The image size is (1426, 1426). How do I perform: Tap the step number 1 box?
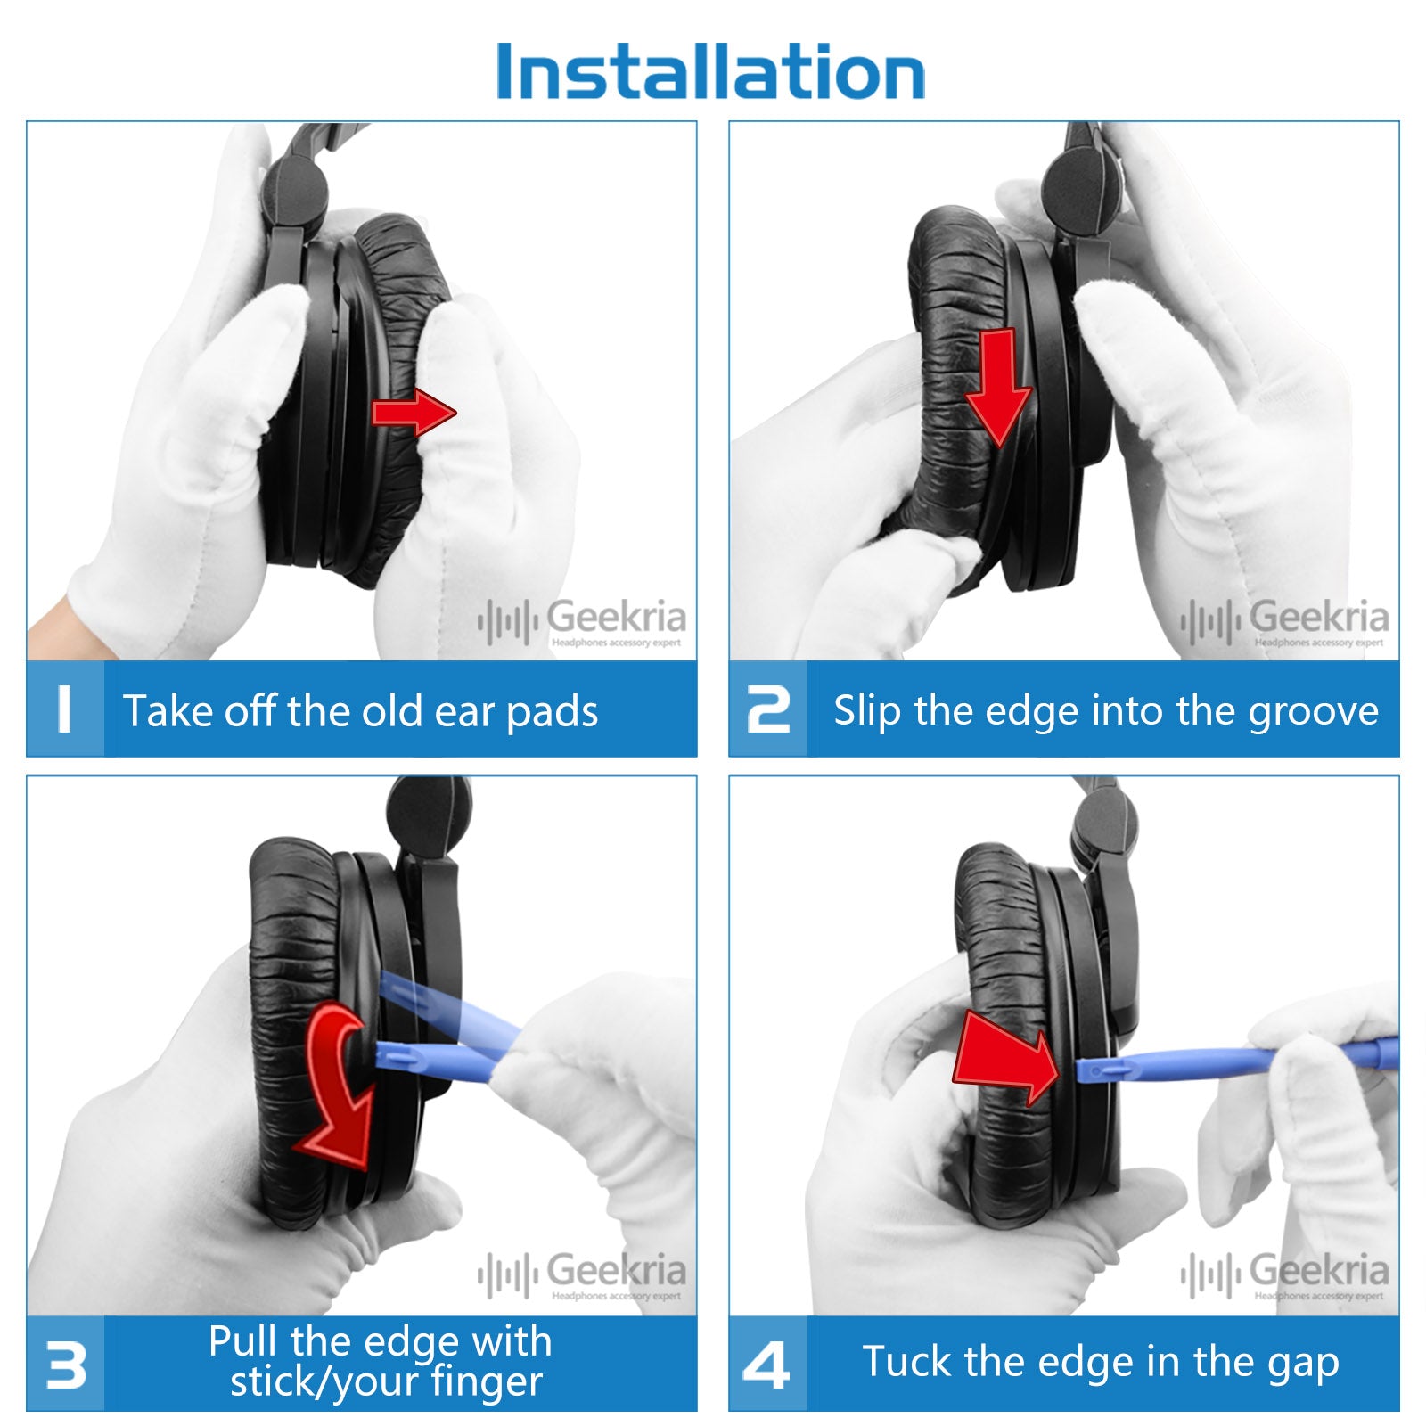[x=65, y=709]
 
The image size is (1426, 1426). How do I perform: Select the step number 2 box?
[x=768, y=709]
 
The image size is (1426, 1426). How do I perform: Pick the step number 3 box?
[x=65, y=1364]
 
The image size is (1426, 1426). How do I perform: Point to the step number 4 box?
[x=768, y=1364]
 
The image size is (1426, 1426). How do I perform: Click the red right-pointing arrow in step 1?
[x=414, y=413]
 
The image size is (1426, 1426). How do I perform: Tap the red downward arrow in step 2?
[x=998, y=388]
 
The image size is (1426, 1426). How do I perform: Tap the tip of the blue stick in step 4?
[x=1078, y=1069]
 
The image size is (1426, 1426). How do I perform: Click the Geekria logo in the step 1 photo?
[x=582, y=621]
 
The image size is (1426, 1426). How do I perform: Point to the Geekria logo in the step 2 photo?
[x=1284, y=621]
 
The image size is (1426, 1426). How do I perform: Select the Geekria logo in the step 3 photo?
[x=582, y=1275]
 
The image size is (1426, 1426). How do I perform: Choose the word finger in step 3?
[x=487, y=1382]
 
